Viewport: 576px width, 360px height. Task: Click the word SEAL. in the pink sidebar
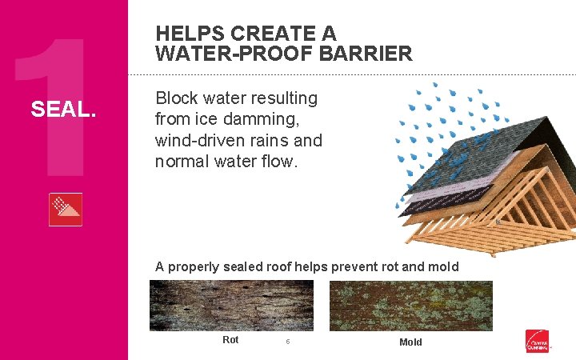pyautogui.click(x=63, y=108)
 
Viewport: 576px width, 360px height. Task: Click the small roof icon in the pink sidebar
pyautogui.click(x=65, y=210)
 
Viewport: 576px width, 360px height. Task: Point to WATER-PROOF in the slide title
pyautogui.click(x=219, y=54)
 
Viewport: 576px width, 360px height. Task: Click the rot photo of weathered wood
pyautogui.click(x=230, y=306)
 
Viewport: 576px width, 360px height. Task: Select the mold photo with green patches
pyautogui.click(x=411, y=306)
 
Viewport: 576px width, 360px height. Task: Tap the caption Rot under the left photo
pyautogui.click(x=230, y=340)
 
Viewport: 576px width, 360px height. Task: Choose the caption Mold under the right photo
pyautogui.click(x=410, y=342)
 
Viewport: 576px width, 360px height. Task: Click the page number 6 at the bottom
pyautogui.click(x=287, y=342)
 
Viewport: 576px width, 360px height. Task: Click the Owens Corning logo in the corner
pyautogui.click(x=537, y=341)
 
